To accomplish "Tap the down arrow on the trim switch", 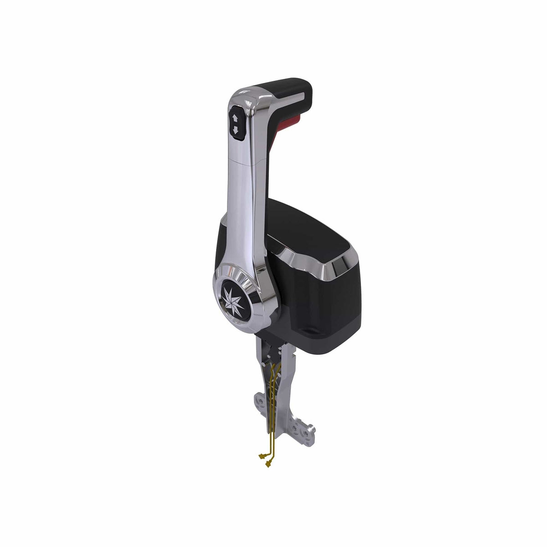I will [236, 130].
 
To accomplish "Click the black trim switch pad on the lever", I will [236, 124].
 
